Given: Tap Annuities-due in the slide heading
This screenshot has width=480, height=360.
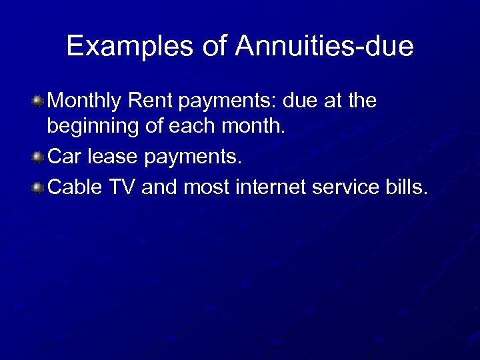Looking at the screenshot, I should pos(323,46).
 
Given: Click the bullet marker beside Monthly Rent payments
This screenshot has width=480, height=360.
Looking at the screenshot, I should pos(38,101).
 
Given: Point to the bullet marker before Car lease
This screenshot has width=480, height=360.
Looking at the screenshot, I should pos(38,157).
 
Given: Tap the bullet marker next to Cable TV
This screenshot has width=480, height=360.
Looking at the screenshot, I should pos(38,188).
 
